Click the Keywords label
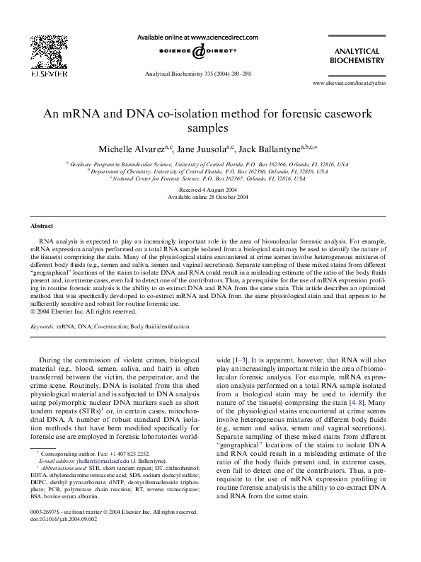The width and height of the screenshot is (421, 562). click(43, 326)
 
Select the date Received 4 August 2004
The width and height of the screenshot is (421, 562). click(209, 191)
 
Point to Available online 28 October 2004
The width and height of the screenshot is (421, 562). click(209, 198)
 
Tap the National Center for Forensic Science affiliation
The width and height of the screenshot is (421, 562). click(209, 178)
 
